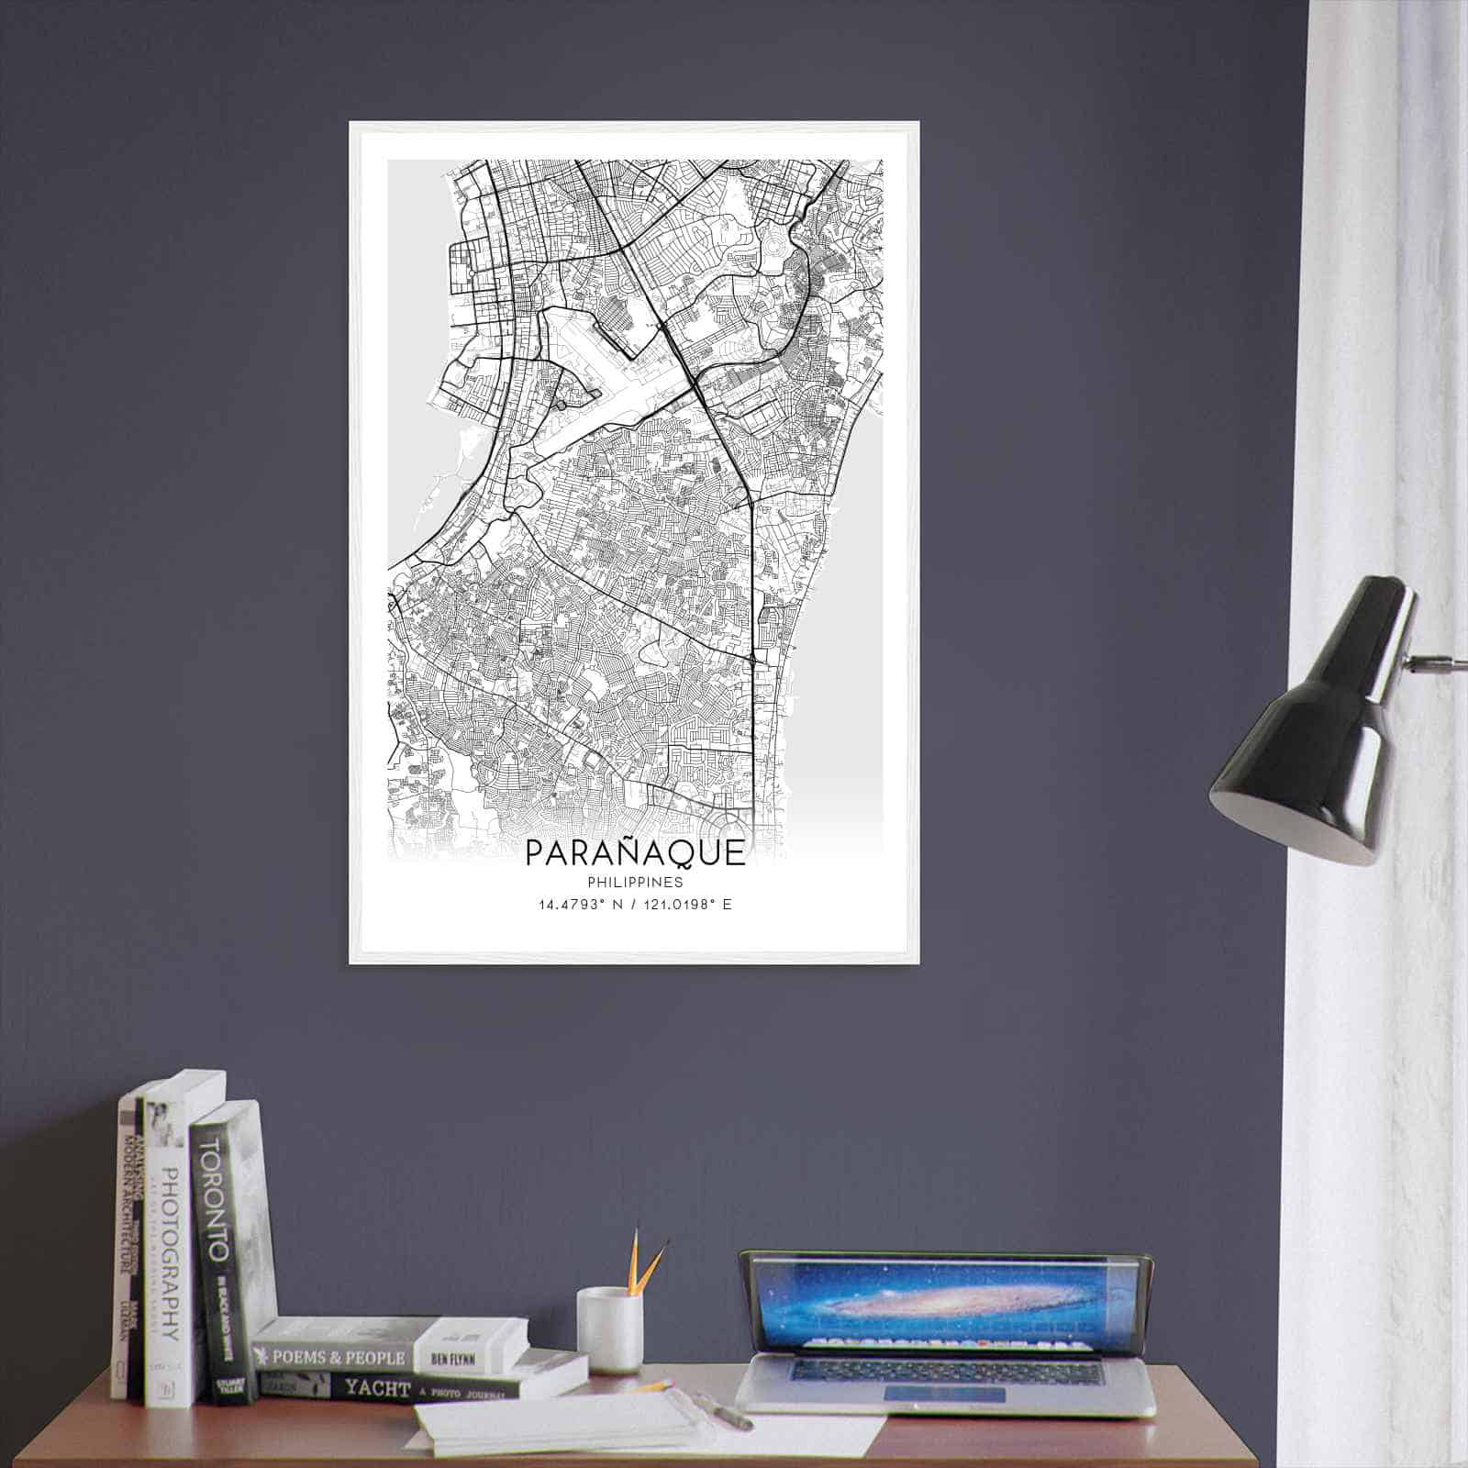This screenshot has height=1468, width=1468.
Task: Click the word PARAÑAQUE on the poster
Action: click(635, 852)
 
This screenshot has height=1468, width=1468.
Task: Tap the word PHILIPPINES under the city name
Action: click(635, 883)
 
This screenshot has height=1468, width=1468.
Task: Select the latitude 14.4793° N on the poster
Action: click(579, 905)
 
